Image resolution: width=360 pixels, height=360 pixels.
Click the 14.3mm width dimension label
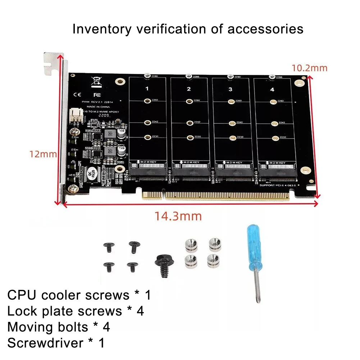[178, 216]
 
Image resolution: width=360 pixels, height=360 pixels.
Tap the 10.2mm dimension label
[309, 68]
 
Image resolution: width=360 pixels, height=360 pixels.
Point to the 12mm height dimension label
[43, 154]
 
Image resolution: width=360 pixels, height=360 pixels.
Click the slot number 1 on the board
[147, 88]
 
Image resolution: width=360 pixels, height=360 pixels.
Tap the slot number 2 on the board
[189, 89]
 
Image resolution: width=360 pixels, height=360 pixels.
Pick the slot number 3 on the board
[230, 89]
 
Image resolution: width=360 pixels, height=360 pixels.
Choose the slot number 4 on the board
[272, 90]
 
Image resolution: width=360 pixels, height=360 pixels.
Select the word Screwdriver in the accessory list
[45, 343]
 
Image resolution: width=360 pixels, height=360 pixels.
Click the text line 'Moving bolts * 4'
[59, 327]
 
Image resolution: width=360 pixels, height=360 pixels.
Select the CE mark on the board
[77, 95]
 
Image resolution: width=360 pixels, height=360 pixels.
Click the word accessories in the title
[265, 29]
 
